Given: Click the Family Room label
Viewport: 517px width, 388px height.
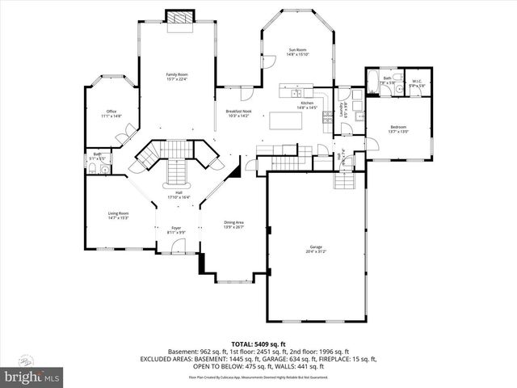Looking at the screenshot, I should pyautogui.click(x=176, y=75).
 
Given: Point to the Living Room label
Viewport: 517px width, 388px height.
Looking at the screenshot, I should pyautogui.click(x=119, y=215).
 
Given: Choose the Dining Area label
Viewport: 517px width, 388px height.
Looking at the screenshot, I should pyautogui.click(x=233, y=225).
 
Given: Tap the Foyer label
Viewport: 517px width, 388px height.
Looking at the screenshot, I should pyautogui.click(x=176, y=230).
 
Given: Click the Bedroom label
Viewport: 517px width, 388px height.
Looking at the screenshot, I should pyautogui.click(x=398, y=129).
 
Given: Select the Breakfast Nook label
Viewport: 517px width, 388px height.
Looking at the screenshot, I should pyautogui.click(x=237, y=113).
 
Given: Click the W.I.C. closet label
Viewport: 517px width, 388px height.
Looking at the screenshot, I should pyautogui.click(x=417, y=82).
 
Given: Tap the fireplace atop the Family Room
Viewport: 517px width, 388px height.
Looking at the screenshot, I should pyautogui.click(x=176, y=17).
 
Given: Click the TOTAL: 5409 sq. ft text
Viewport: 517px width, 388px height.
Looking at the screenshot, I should pyautogui.click(x=258, y=344).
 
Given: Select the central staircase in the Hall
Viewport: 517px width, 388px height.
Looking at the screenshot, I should pyautogui.click(x=176, y=172).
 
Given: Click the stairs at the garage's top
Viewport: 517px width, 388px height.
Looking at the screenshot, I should pyautogui.click(x=344, y=181).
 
